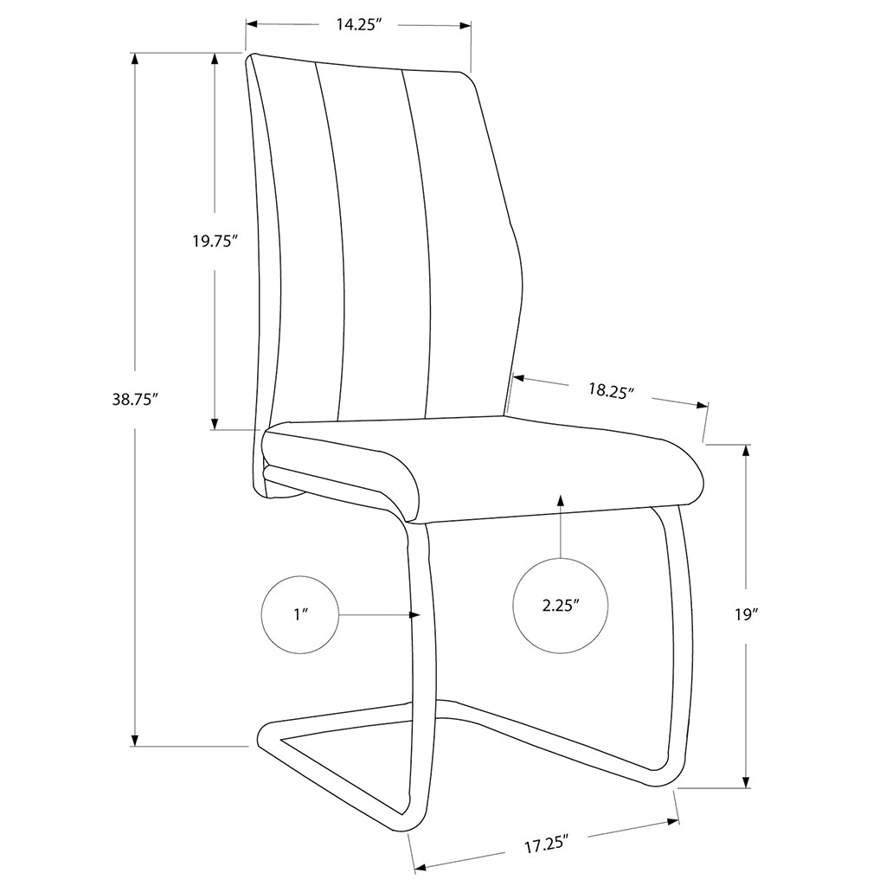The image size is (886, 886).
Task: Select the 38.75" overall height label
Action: (x=134, y=400)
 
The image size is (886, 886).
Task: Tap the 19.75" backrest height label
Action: (x=213, y=241)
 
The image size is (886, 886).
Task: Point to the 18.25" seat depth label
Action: (x=611, y=390)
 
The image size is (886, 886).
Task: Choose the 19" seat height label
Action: (x=746, y=614)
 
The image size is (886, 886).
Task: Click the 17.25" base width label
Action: (x=546, y=845)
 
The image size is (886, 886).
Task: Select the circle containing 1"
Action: (x=300, y=615)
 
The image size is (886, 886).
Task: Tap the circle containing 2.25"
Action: (x=561, y=606)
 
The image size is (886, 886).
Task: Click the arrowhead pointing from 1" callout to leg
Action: (x=415, y=615)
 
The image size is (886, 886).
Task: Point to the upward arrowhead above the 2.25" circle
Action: (x=560, y=501)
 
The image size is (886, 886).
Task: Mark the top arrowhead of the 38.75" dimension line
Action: (x=134, y=59)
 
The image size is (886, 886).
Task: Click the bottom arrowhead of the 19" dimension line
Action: (x=746, y=781)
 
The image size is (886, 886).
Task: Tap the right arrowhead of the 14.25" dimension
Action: (x=465, y=25)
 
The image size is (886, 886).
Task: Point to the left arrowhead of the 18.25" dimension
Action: (x=519, y=377)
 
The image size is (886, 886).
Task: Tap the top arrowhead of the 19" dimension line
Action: (x=746, y=451)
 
